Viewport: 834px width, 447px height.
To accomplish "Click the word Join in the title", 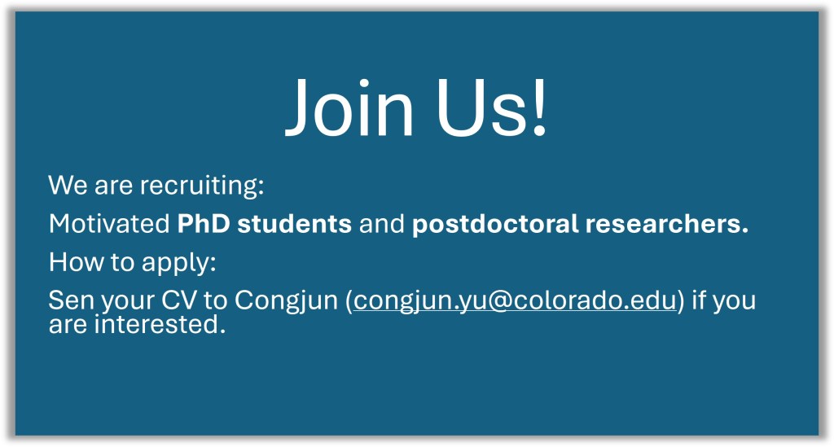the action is click(350, 107).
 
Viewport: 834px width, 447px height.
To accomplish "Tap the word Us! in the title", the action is click(491, 107).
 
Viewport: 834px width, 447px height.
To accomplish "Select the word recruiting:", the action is click(202, 186).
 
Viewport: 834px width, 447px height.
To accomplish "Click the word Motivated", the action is click(109, 224).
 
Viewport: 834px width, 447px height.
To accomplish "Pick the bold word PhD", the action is click(204, 224).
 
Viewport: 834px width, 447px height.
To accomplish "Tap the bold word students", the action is click(295, 224).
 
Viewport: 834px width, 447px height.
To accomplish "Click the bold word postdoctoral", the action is click(495, 224).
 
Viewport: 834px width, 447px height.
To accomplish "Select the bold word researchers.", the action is click(667, 224).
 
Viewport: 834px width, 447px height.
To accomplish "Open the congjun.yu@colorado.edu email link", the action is click(515, 301).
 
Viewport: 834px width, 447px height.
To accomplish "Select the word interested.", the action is click(160, 324).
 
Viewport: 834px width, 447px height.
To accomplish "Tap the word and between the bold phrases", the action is click(382, 224).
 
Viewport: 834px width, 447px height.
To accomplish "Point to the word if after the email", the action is click(698, 300).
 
